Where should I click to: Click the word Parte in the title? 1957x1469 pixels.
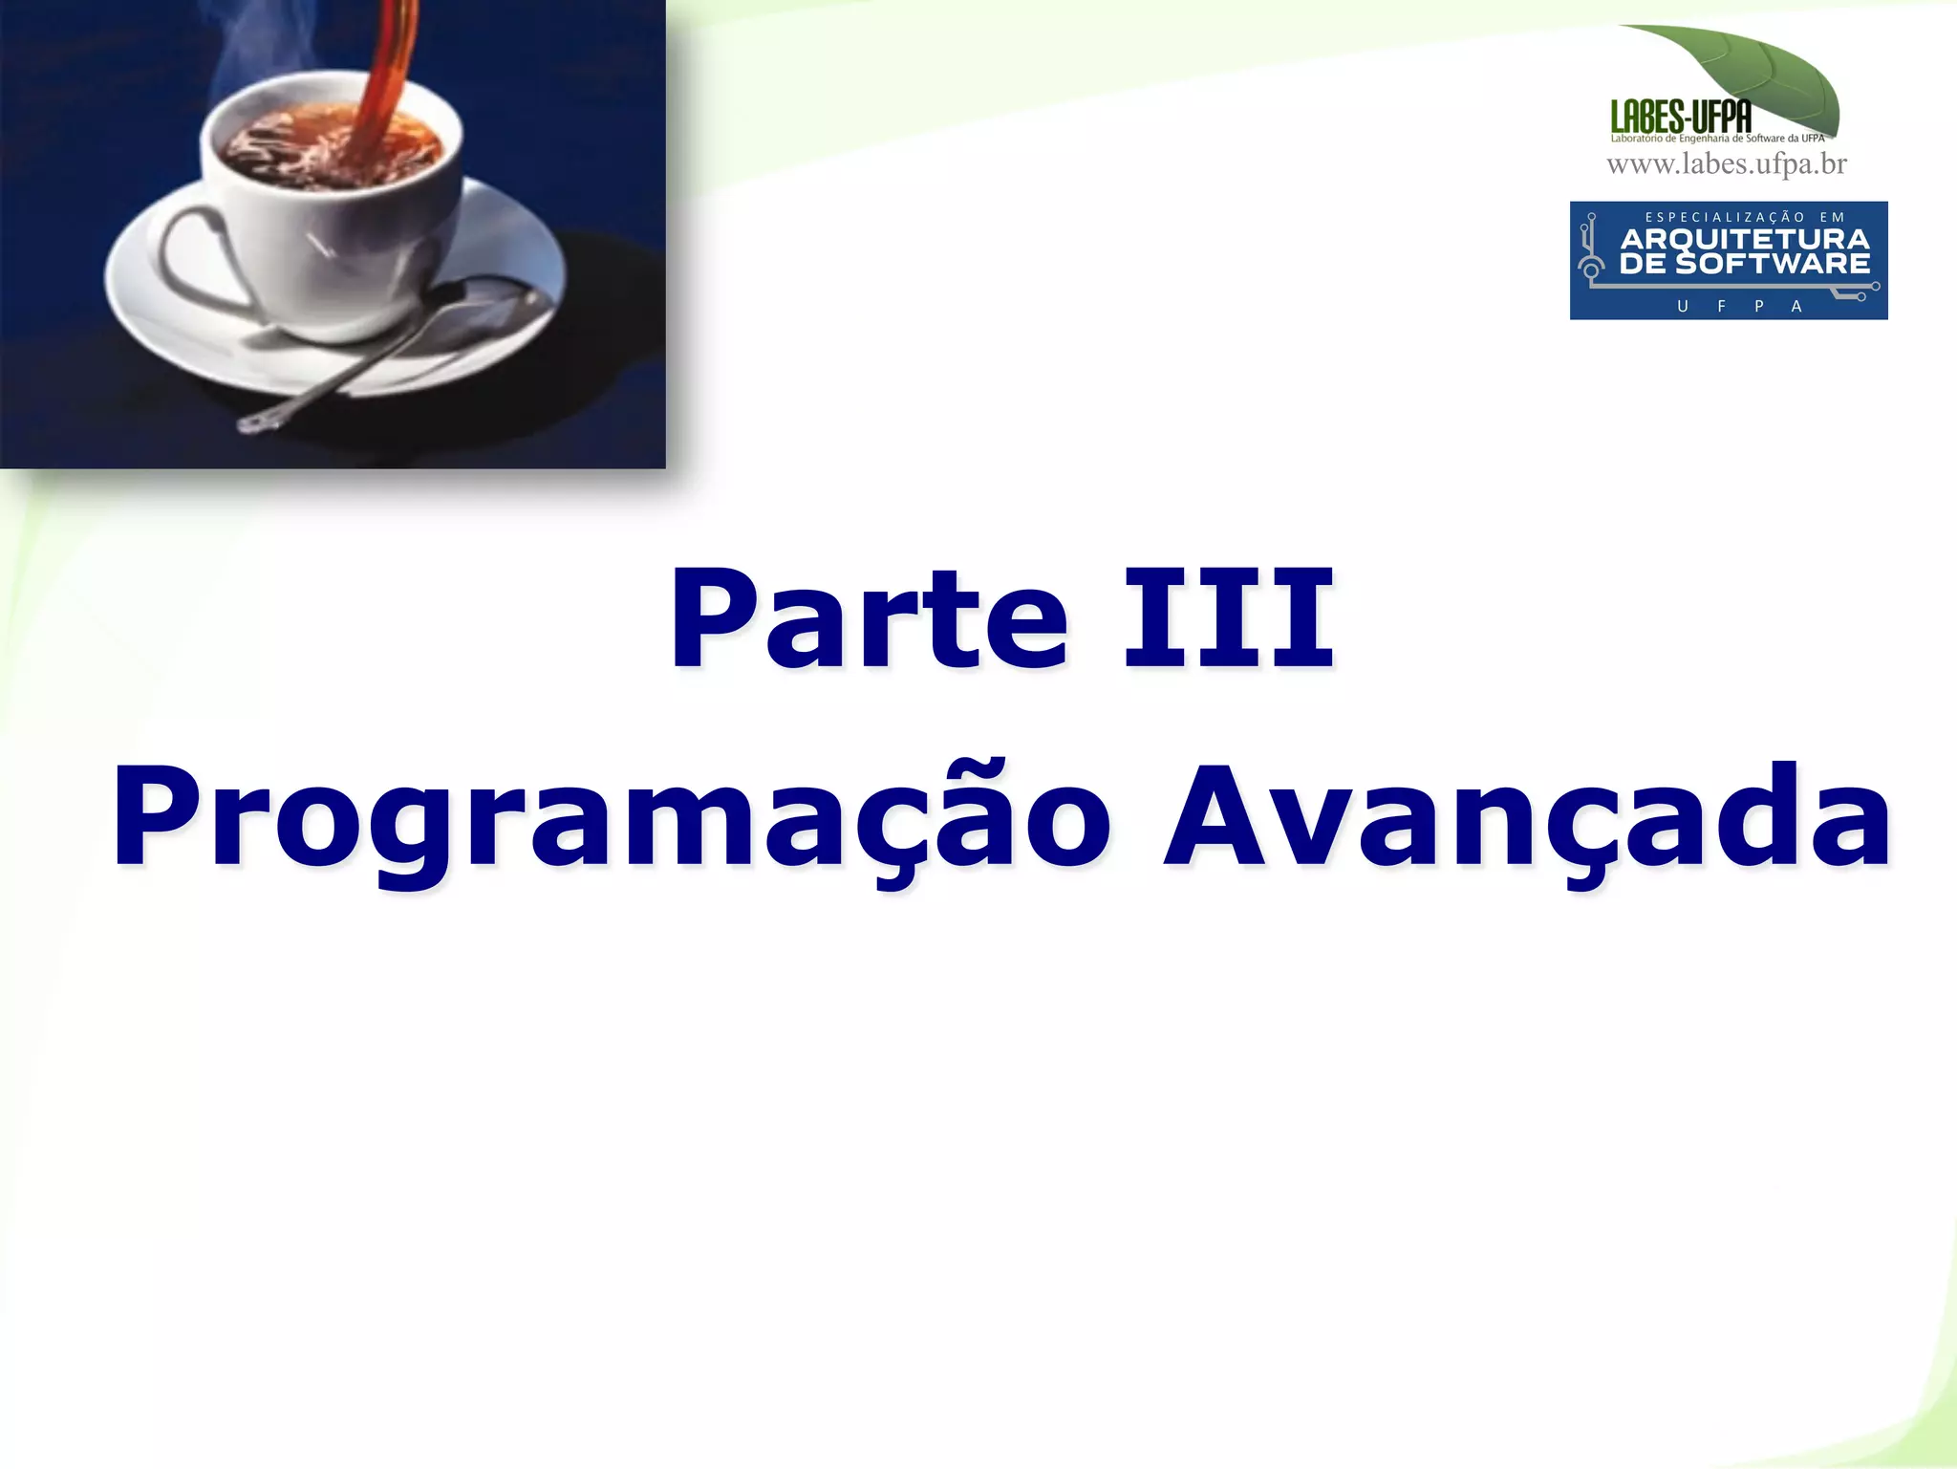(x=868, y=618)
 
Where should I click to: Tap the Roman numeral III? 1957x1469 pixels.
(x=1228, y=618)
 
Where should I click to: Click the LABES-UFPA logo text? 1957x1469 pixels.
(x=1681, y=118)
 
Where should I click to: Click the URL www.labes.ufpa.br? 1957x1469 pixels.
(x=1726, y=164)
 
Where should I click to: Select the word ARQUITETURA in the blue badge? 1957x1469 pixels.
(x=1745, y=239)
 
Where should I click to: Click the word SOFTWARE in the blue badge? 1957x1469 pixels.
(x=1773, y=264)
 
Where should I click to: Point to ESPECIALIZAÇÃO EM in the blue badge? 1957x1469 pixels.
(x=1745, y=217)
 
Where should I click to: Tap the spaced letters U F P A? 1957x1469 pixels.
(x=1739, y=306)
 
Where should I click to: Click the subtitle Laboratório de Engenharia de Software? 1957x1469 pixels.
(x=1717, y=139)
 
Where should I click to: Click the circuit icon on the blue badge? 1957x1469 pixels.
(x=1591, y=250)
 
